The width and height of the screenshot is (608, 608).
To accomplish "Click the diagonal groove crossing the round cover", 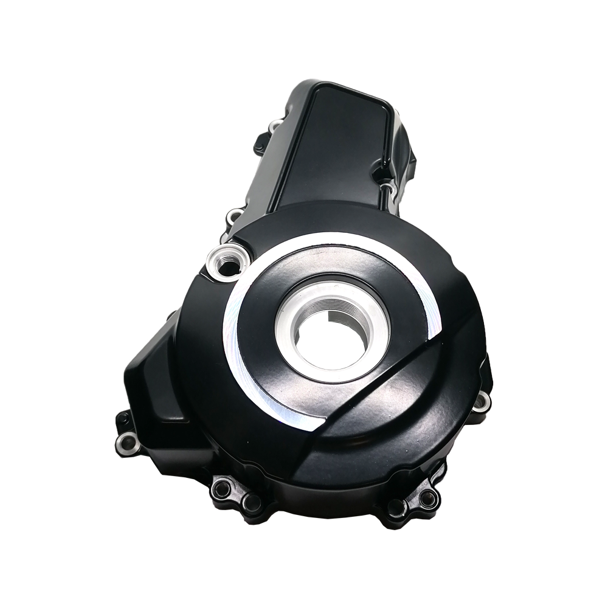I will [389, 377].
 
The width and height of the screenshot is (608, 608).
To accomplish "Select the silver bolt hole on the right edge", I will [482, 400].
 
